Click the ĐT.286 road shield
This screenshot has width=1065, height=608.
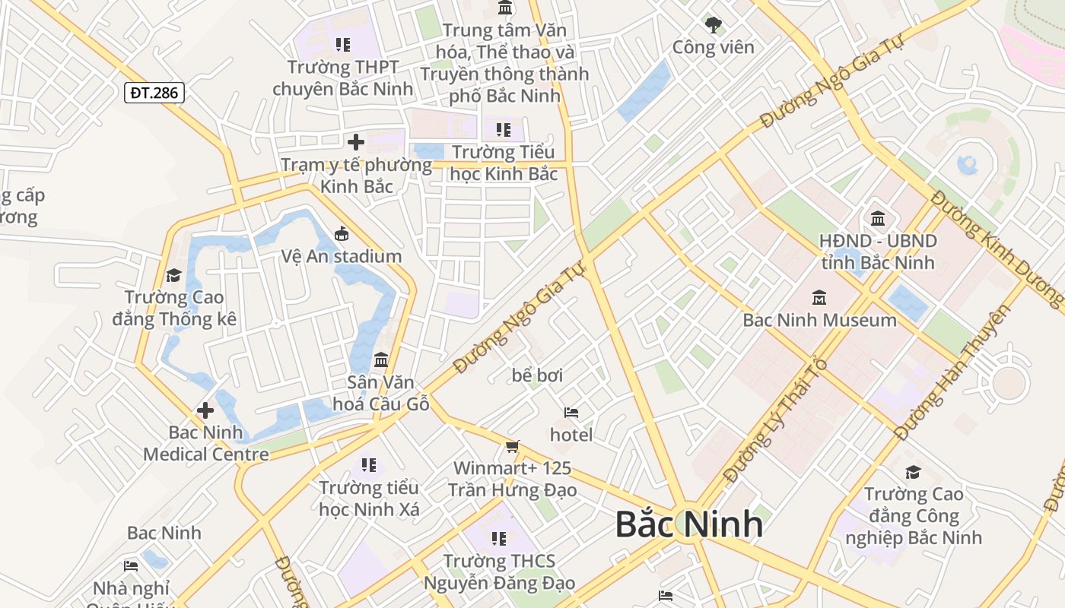click(154, 93)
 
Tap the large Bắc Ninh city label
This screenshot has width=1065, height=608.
click(688, 524)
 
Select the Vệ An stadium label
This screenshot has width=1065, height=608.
click(342, 256)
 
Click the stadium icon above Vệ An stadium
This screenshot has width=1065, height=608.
click(342, 233)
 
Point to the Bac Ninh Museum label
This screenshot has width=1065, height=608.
click(819, 320)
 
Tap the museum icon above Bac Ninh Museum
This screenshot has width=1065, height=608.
click(819, 297)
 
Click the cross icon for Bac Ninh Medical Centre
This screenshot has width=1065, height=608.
click(205, 411)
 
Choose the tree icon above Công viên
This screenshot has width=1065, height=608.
click(713, 25)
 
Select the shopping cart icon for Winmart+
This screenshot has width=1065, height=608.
click(512, 446)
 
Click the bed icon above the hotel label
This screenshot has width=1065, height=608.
click(571, 413)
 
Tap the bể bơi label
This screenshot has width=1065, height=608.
click(537, 375)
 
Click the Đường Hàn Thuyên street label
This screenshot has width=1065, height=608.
click(954, 372)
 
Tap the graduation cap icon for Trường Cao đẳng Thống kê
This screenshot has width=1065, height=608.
click(174, 275)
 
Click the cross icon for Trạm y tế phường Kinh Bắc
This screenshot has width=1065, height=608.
click(355, 142)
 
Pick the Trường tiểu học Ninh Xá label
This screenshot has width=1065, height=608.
click(369, 499)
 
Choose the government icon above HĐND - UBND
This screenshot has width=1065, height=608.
click(878, 218)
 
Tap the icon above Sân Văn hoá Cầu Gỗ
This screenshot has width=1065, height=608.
click(381, 359)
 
